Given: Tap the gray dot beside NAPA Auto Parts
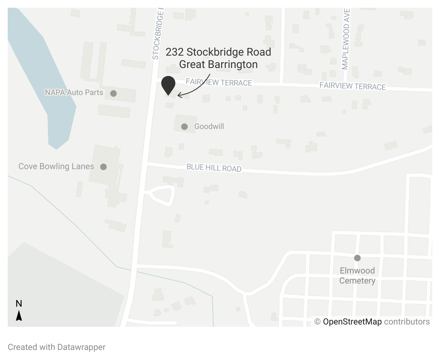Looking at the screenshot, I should tap(113, 93).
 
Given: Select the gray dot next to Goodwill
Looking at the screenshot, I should tap(184, 126).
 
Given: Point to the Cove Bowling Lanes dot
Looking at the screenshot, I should tap(103, 166).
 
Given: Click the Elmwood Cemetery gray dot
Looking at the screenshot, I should tap(357, 258).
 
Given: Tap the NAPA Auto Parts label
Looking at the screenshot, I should tap(74, 93).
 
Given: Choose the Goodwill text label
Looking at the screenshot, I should tap(209, 126).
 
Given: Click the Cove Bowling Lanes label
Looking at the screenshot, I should tap(56, 166).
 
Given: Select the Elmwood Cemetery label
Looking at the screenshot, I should tap(357, 275).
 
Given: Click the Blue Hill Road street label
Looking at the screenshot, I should tap(214, 168).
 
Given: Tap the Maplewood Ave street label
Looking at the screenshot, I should tap(346, 39).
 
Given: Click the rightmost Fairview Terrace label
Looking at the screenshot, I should tap(352, 86).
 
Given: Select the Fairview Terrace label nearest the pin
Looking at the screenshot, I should tap(219, 82).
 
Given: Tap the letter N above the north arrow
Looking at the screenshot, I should tap(19, 304).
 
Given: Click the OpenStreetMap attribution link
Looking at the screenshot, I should tap(352, 321).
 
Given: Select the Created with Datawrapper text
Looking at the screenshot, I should tap(56, 347).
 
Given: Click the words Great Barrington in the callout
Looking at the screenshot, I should tap(218, 64).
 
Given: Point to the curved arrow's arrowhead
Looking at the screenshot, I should tap(179, 95).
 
